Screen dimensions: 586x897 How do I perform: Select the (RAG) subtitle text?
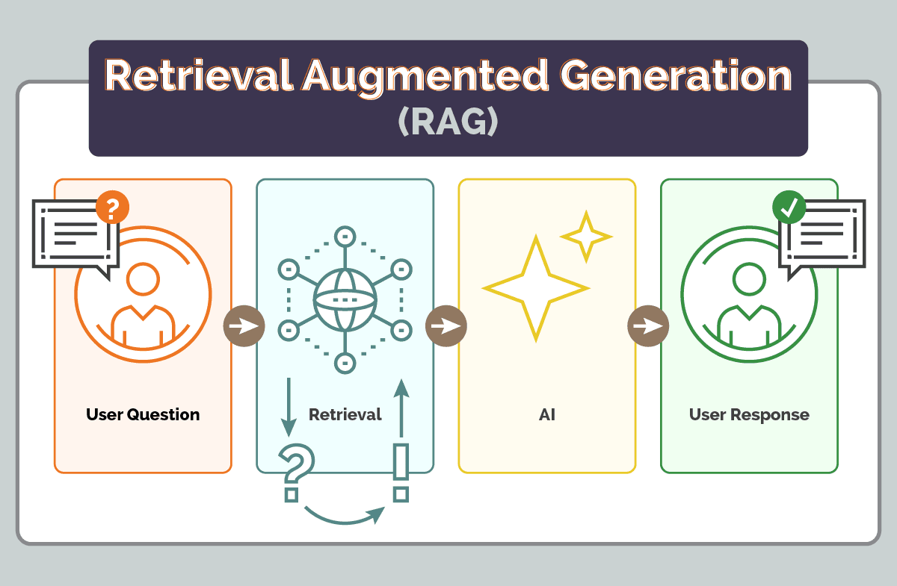pyautogui.click(x=448, y=122)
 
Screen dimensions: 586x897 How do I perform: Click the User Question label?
pyautogui.click(x=143, y=414)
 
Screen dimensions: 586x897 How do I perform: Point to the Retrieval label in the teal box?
pyautogui.click(x=345, y=414)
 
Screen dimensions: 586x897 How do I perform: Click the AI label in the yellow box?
pyautogui.click(x=546, y=414)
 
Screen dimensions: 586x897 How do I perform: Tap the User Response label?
pyautogui.click(x=749, y=414)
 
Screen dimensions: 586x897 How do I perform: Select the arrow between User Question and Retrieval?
pyautogui.click(x=244, y=326)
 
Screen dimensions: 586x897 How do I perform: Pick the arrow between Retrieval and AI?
pyautogui.click(x=446, y=326)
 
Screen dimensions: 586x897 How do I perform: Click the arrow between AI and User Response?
pyautogui.click(x=647, y=326)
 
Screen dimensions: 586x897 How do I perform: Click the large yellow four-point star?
pyautogui.click(x=535, y=288)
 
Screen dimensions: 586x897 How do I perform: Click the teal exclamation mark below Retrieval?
pyautogui.click(x=401, y=471)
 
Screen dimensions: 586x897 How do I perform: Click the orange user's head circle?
pyautogui.click(x=143, y=280)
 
